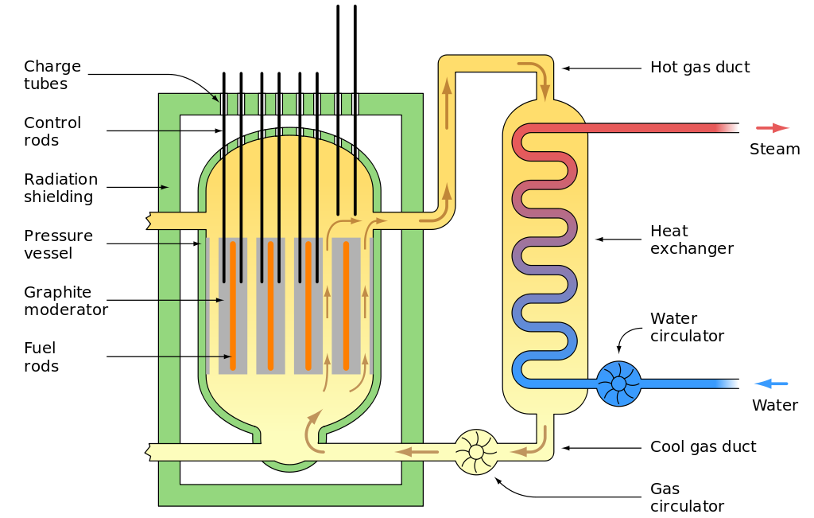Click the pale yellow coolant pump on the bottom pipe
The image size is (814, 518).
pyautogui.click(x=476, y=452)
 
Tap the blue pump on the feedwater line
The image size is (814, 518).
pyautogui.click(x=618, y=384)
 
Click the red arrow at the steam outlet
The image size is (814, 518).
pyautogui.click(x=772, y=128)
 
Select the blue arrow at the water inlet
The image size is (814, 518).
pyautogui.click(x=770, y=384)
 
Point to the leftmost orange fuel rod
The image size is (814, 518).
pyautogui.click(x=233, y=306)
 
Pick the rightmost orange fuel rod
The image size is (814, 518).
pyautogui.click(x=347, y=306)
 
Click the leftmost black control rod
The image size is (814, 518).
pyautogui.click(x=224, y=191)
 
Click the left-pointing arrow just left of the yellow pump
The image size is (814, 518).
pyautogui.click(x=417, y=452)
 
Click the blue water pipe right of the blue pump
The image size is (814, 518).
pyautogui.click(x=684, y=384)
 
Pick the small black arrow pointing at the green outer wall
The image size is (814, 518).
pyautogui.click(x=164, y=188)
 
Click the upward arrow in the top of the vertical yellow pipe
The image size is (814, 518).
pyautogui.click(x=447, y=92)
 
